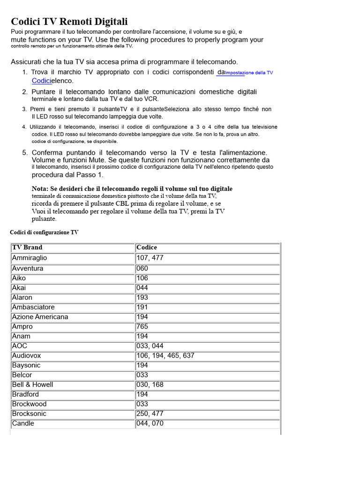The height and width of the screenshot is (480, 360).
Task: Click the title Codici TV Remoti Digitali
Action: click(x=69, y=22)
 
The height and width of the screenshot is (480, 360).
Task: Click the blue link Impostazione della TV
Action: click(x=249, y=73)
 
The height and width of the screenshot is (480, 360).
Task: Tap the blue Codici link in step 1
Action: click(x=41, y=81)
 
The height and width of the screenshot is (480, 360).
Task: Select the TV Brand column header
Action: click(x=27, y=247)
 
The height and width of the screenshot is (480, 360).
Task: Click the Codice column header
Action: click(x=147, y=247)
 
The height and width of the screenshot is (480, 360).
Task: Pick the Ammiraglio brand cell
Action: click(x=30, y=258)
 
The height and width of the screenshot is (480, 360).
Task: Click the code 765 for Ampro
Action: click(x=142, y=327)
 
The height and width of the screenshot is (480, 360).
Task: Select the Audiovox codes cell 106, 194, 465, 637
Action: click(x=165, y=356)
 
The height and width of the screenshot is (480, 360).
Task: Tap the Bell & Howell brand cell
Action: click(x=33, y=385)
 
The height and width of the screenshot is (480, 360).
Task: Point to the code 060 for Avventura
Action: click(x=142, y=269)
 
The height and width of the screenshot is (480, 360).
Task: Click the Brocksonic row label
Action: click(x=29, y=414)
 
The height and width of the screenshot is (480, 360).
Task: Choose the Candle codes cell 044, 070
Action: click(x=150, y=423)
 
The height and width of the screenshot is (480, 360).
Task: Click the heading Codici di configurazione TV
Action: click(x=44, y=232)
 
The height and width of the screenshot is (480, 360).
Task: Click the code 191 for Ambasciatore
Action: click(x=142, y=307)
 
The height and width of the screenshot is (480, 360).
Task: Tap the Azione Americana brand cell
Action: click(x=40, y=317)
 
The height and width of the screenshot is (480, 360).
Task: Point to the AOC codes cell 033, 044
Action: click(x=150, y=346)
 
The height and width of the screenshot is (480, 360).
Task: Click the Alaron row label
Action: click(x=22, y=298)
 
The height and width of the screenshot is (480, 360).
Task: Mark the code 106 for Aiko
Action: click(x=142, y=278)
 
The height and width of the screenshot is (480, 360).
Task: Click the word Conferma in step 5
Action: click(x=47, y=153)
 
